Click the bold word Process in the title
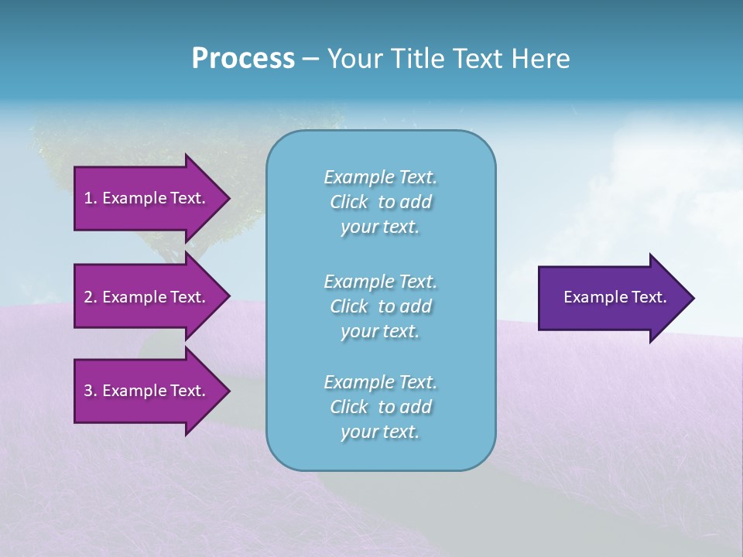tap(243, 59)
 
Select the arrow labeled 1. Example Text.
tap(147, 198)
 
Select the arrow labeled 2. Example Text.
tap(147, 297)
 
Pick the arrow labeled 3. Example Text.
tap(147, 391)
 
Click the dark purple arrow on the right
tap(611, 297)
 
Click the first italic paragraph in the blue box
tap(380, 202)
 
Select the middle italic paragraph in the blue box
tap(380, 306)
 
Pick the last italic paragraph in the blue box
tap(380, 407)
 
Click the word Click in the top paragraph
tap(349, 202)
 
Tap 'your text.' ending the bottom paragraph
tap(380, 432)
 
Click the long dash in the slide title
tap(310, 59)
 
